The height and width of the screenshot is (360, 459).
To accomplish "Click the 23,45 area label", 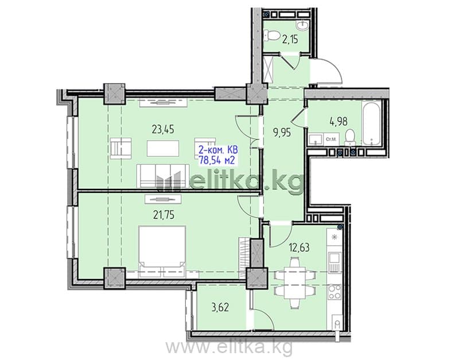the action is [x=163, y=129].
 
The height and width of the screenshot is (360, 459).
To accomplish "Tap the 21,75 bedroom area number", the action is [x=164, y=215].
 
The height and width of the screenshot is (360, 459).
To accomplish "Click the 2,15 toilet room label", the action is [x=290, y=39].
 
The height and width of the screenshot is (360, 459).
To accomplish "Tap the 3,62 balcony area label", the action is [x=220, y=307].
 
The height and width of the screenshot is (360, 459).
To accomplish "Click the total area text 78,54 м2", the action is [x=217, y=160].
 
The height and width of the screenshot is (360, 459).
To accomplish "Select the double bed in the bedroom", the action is [x=162, y=251].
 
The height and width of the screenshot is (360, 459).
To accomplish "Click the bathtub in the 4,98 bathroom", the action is [x=371, y=123].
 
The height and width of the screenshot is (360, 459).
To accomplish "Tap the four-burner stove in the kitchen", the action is [x=334, y=292].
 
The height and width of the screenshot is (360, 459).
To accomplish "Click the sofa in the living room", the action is [x=162, y=176].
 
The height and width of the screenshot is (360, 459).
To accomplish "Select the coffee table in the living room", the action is [x=163, y=149].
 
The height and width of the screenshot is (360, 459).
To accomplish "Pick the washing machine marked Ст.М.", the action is [x=330, y=139].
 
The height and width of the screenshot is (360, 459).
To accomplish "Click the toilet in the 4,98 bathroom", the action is [x=349, y=138].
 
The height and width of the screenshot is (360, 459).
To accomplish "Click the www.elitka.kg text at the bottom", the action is [x=228, y=347].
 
